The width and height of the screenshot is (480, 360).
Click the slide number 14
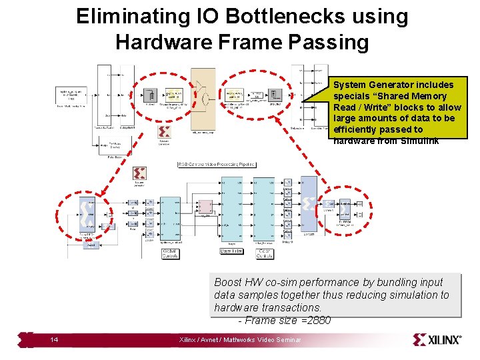pos(54,340)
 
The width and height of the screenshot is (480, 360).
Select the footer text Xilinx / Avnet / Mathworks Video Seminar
pos(240,340)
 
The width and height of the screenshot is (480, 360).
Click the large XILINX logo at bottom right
pos(437,339)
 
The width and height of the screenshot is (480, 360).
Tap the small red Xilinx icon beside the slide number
pos(26,339)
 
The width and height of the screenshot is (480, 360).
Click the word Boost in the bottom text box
pos(228,282)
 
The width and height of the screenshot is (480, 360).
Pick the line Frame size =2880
pos(285,321)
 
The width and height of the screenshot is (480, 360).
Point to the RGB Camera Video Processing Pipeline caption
pos(225,164)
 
